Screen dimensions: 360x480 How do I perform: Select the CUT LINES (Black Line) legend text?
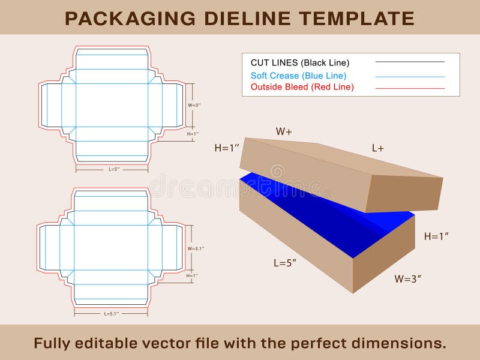click(299, 62)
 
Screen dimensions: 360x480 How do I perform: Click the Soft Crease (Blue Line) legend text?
click(298, 76)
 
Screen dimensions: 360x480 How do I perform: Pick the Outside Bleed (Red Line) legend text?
click(302, 87)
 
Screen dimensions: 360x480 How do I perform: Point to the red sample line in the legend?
click(410, 88)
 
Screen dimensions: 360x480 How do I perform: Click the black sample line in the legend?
click(410, 62)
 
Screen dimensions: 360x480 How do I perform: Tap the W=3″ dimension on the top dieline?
click(194, 105)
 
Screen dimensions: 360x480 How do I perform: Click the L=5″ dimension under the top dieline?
click(114, 169)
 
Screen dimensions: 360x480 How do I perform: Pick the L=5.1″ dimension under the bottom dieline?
click(112, 313)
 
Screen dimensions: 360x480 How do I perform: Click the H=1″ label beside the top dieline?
click(193, 134)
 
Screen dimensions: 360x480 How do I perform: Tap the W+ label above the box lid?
click(284, 131)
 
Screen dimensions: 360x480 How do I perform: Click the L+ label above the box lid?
click(377, 148)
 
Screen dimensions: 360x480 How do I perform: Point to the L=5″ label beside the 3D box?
click(285, 262)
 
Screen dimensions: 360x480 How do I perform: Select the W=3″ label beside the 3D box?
click(407, 278)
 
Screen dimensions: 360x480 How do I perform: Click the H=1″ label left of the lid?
click(227, 148)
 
